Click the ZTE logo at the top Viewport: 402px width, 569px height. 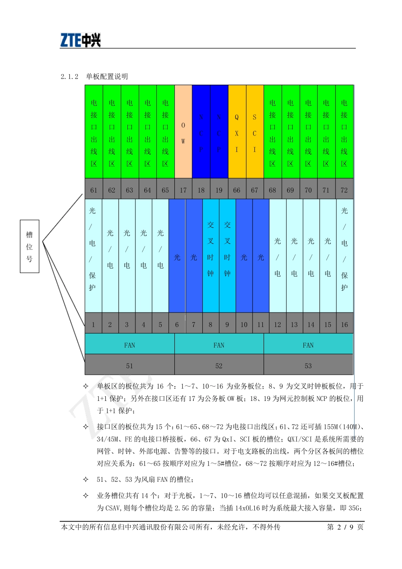pos(80,40)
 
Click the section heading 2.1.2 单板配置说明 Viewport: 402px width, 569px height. pos(94,77)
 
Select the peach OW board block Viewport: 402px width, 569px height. pos(183,132)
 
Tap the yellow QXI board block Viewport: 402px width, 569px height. pos(237,132)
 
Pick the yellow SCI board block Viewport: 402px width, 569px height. pos(255,132)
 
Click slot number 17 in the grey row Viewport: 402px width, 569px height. pos(183,190)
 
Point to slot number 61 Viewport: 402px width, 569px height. pos(94,190)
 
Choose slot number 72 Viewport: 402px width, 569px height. pos(344,190)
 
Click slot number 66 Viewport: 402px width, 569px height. pos(237,190)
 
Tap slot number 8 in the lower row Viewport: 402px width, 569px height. pos(211,325)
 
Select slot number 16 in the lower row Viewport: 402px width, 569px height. pos(344,325)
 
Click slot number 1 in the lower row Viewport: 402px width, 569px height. pos(93,325)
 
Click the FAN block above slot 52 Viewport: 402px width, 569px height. pos(219,345)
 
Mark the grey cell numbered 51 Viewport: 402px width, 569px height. pos(129,366)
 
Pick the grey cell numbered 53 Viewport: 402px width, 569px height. pos(308,366)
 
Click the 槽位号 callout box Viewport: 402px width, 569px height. pos(30,246)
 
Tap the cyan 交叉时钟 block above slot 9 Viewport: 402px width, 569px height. pos(227,256)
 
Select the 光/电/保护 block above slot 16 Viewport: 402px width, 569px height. pos(344,256)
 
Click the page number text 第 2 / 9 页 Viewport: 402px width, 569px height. pos(345,527)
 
